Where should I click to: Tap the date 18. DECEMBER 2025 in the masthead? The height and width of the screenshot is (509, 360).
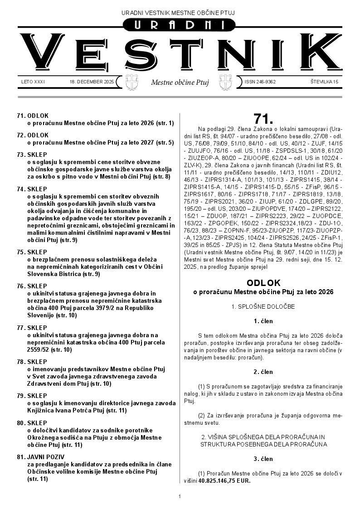(92, 82)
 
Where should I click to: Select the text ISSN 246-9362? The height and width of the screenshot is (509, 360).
(260, 82)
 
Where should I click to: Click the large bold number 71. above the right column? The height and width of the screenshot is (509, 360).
(263, 119)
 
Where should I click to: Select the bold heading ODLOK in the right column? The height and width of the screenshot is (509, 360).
(263, 283)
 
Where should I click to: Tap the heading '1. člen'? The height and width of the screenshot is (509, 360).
(263, 321)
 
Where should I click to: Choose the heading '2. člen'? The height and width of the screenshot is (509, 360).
(263, 372)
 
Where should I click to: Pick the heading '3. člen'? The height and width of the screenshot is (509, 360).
(263, 459)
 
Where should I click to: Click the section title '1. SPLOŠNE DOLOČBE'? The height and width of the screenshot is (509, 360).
(263, 306)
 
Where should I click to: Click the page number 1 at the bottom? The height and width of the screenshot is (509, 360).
(180, 497)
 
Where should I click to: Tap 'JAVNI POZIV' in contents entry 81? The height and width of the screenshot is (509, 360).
(44, 457)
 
